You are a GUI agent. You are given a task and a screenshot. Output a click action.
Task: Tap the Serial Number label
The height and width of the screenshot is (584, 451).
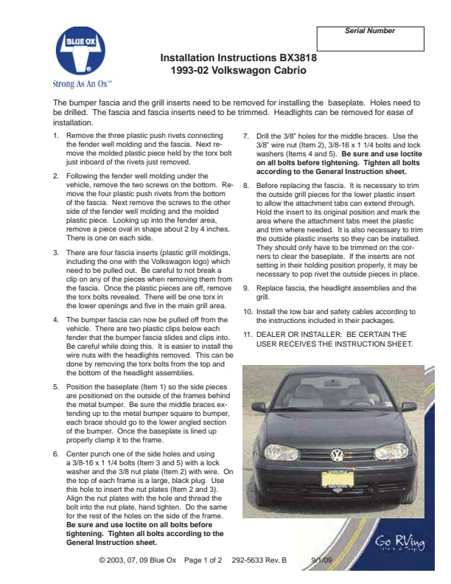370,31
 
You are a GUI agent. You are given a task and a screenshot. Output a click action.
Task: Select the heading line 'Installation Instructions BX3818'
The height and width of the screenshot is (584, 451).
234,58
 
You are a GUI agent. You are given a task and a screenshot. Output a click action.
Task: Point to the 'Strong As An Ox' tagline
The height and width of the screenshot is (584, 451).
82,83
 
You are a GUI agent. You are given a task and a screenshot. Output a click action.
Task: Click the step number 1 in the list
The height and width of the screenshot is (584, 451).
57,136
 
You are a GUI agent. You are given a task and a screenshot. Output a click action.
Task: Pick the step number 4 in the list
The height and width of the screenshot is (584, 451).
57,321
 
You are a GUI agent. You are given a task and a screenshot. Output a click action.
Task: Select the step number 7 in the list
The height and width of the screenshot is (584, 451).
247,136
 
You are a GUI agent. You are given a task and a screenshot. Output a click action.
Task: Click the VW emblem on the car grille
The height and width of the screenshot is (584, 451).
337,456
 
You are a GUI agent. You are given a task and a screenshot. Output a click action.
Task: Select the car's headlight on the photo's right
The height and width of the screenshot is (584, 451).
391,450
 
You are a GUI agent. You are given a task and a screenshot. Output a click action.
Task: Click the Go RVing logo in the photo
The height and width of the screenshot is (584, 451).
399,543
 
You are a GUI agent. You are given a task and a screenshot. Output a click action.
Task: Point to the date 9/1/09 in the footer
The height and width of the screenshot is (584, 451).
322,560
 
